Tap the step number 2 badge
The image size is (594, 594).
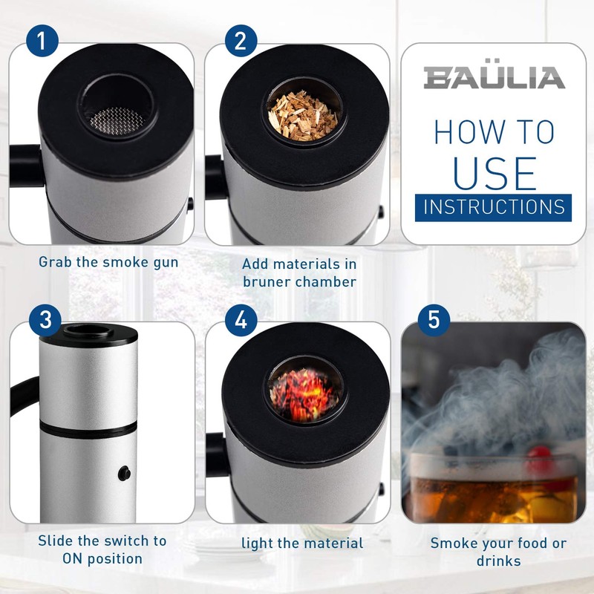tap(239, 40)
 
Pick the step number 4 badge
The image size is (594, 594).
tap(239, 321)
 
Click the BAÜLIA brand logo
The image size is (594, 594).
tap(494, 77)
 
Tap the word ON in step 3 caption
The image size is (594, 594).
tap(73, 559)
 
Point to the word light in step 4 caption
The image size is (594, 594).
tap(258, 544)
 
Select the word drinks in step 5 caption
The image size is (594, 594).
tap(498, 561)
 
